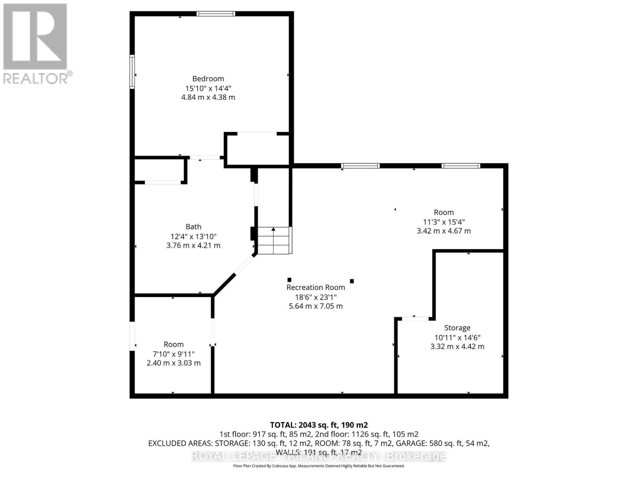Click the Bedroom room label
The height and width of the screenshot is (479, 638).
(208, 79)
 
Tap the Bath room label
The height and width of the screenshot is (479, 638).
(193, 227)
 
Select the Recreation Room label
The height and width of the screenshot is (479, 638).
(316, 287)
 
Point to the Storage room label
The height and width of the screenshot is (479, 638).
(457, 328)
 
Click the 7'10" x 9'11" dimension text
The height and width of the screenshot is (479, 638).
(173, 354)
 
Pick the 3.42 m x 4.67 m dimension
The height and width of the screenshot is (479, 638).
(444, 231)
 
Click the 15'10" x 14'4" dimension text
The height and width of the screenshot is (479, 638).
(208, 88)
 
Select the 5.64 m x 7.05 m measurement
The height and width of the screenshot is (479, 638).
(316, 306)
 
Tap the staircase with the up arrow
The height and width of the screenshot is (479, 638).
(274, 240)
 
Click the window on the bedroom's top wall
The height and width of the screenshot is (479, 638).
(216, 14)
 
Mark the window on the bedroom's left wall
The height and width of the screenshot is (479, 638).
(132, 71)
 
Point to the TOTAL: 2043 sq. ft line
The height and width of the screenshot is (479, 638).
(319, 425)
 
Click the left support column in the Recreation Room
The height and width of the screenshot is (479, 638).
(289, 280)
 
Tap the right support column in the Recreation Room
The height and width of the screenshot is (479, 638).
(352, 281)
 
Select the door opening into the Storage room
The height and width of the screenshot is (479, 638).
(415, 319)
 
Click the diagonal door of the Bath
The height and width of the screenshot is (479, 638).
(244, 265)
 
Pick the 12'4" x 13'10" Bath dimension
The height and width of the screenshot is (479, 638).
(193, 236)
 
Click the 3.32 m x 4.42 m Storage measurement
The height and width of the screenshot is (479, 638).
(457, 346)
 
